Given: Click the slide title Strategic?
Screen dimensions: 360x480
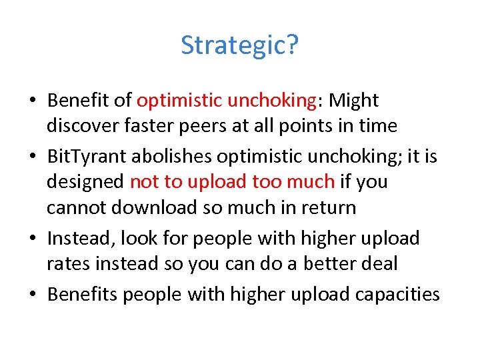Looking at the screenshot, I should coord(239,45).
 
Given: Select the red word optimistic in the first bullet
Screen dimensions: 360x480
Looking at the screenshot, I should coord(179,101).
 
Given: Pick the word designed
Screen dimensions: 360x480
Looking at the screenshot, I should coord(85,181).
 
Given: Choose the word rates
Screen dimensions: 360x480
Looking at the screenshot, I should coord(67,263).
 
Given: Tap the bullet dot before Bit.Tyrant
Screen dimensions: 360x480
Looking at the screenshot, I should coord(33,157).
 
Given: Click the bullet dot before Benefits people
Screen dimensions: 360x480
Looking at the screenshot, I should coord(33,295).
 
